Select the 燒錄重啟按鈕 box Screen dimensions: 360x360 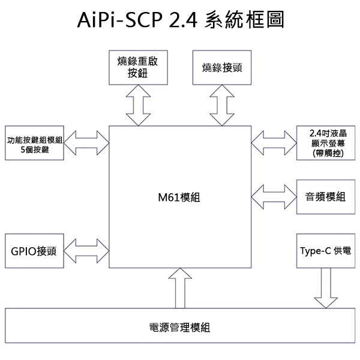137,68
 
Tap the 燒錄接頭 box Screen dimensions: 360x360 222,68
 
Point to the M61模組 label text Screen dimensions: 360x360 179,197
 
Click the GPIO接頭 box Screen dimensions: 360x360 35,251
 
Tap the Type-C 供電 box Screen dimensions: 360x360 326,251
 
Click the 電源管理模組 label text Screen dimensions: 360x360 179,328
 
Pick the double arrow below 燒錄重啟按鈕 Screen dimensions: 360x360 137,105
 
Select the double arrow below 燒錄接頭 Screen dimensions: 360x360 222,105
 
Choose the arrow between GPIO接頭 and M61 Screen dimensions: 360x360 86,251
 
